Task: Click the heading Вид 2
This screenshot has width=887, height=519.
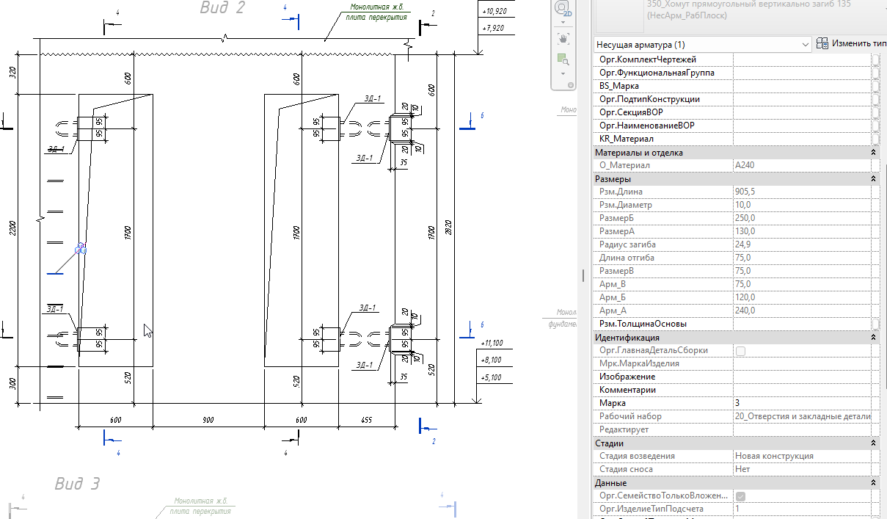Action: pyautogui.click(x=222, y=8)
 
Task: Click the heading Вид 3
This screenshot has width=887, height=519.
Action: pyautogui.click(x=77, y=484)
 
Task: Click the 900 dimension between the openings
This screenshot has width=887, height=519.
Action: pyautogui.click(x=208, y=419)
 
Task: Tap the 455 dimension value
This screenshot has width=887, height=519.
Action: pyautogui.click(x=368, y=419)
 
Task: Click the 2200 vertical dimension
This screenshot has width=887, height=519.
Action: pyautogui.click(x=10, y=228)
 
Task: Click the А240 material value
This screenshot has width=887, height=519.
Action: pyautogui.click(x=745, y=165)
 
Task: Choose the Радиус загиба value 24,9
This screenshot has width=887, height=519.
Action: pyautogui.click(x=743, y=244)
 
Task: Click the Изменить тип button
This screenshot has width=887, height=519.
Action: pyautogui.click(x=851, y=44)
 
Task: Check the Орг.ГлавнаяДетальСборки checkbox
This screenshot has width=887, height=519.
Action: pyautogui.click(x=740, y=351)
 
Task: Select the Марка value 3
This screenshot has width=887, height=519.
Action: pyautogui.click(x=737, y=403)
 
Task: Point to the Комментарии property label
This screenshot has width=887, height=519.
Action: pyautogui.click(x=627, y=390)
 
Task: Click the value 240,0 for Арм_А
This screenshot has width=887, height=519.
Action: pyautogui.click(x=745, y=311)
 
